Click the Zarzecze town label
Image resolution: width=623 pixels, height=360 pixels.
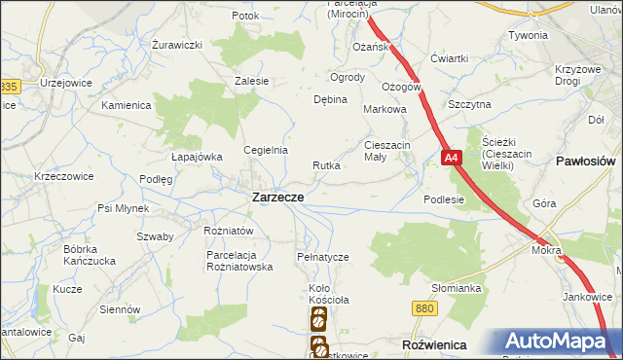[277, 197]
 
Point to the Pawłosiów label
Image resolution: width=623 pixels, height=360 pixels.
[587, 160]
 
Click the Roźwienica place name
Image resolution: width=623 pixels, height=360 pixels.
[434, 345]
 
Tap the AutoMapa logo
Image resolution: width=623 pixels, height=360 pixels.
[559, 342]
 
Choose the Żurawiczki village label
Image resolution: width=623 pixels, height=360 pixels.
[176, 45]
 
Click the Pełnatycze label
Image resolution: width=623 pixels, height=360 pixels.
[322, 257]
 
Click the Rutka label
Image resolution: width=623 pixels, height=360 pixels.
[326, 165]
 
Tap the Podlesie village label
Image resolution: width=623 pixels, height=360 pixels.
[444, 199]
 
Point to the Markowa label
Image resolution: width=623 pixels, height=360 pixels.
[384, 110]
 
